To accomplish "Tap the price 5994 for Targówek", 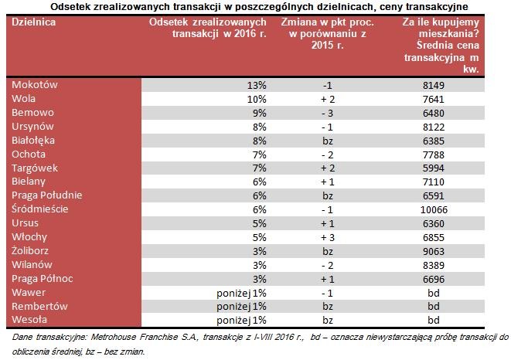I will click(433, 168).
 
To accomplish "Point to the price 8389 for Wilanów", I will click(433, 265).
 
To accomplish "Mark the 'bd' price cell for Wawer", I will click(434, 293).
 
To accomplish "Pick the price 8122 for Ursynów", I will click(433, 126).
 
